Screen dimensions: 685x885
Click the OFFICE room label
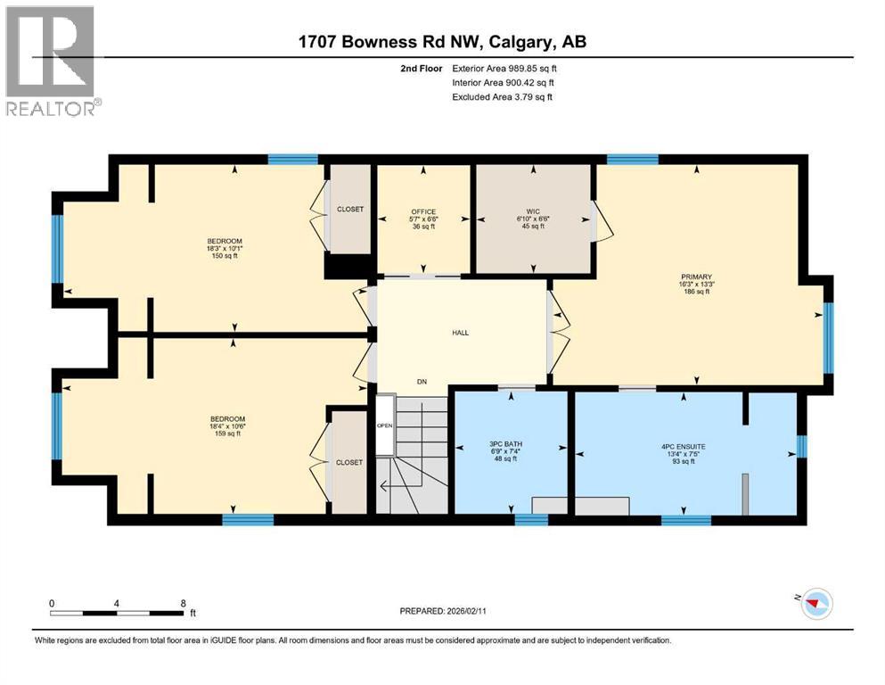click(x=423, y=212)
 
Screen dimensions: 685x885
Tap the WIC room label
click(x=533, y=212)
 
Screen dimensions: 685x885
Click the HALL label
click(x=460, y=333)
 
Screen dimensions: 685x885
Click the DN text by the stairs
click(x=422, y=382)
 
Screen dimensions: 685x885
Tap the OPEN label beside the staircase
click(x=384, y=425)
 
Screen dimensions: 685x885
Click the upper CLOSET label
click(x=350, y=209)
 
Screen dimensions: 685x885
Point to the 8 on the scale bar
click(x=183, y=603)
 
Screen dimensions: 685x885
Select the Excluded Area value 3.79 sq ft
click(x=525, y=96)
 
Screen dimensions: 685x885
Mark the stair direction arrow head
click(x=381, y=487)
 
